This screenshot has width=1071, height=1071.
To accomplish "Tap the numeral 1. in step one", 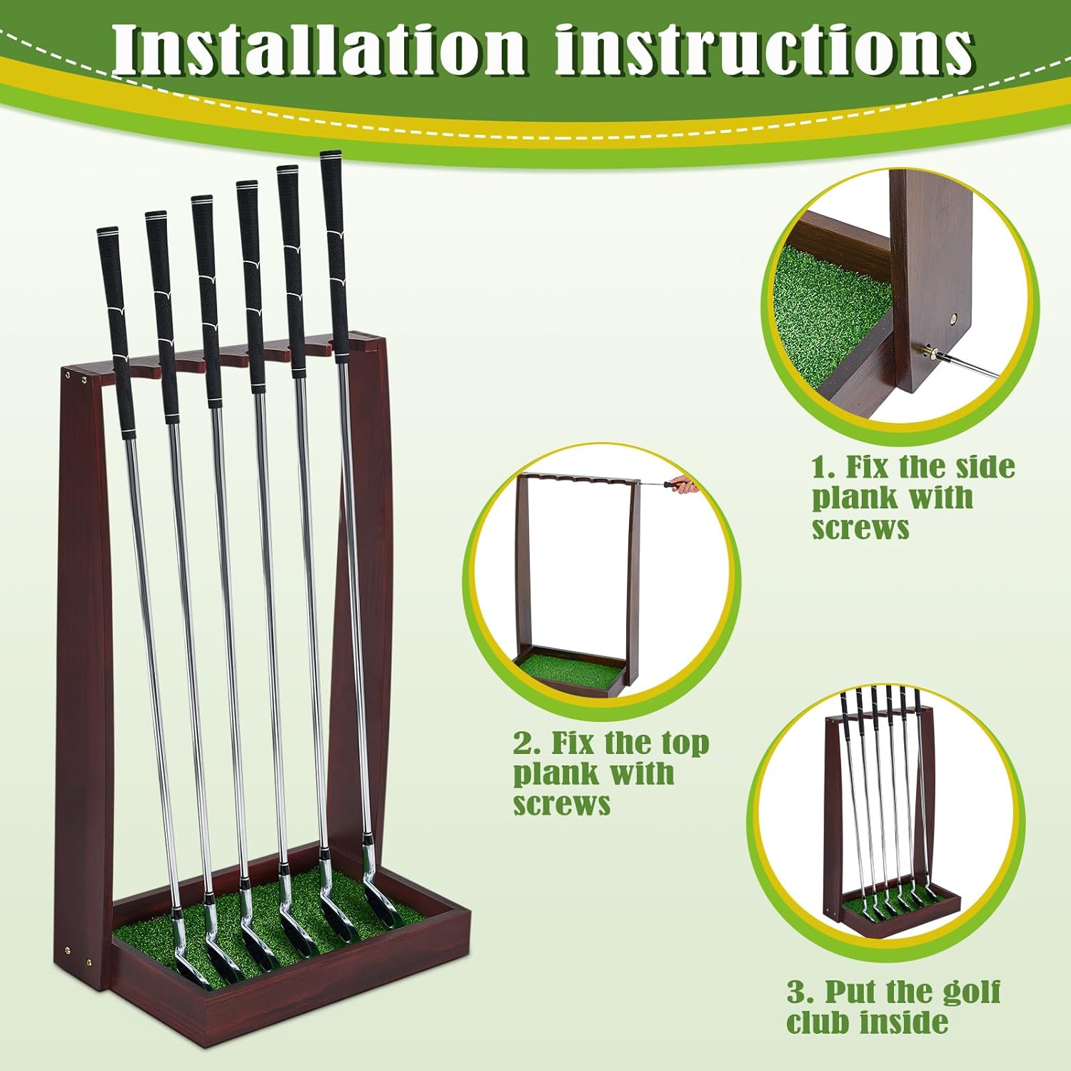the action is tap(824, 467).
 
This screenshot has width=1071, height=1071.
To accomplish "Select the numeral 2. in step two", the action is tap(528, 743).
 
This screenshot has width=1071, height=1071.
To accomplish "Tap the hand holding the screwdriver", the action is tap(686, 484).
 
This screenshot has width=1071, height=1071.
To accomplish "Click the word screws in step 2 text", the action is tap(562, 804).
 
